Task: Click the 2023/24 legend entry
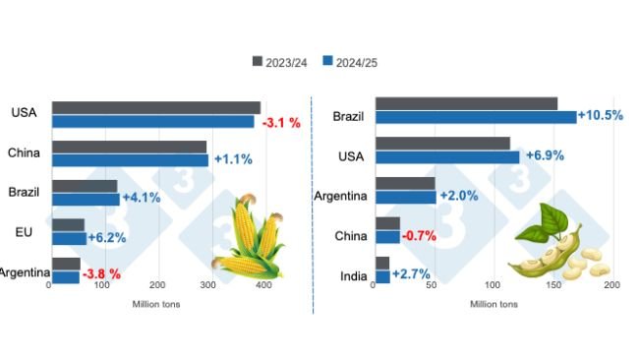(281, 62)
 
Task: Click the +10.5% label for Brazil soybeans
(602, 115)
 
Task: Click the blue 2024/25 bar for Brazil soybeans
(476, 117)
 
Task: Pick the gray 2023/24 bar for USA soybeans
(442, 144)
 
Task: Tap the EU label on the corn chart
(28, 231)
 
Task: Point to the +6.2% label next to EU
(107, 238)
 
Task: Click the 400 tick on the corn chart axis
(262, 286)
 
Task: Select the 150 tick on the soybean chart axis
(552, 286)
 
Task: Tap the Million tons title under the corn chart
(156, 303)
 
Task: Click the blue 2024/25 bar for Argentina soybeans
(405, 197)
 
